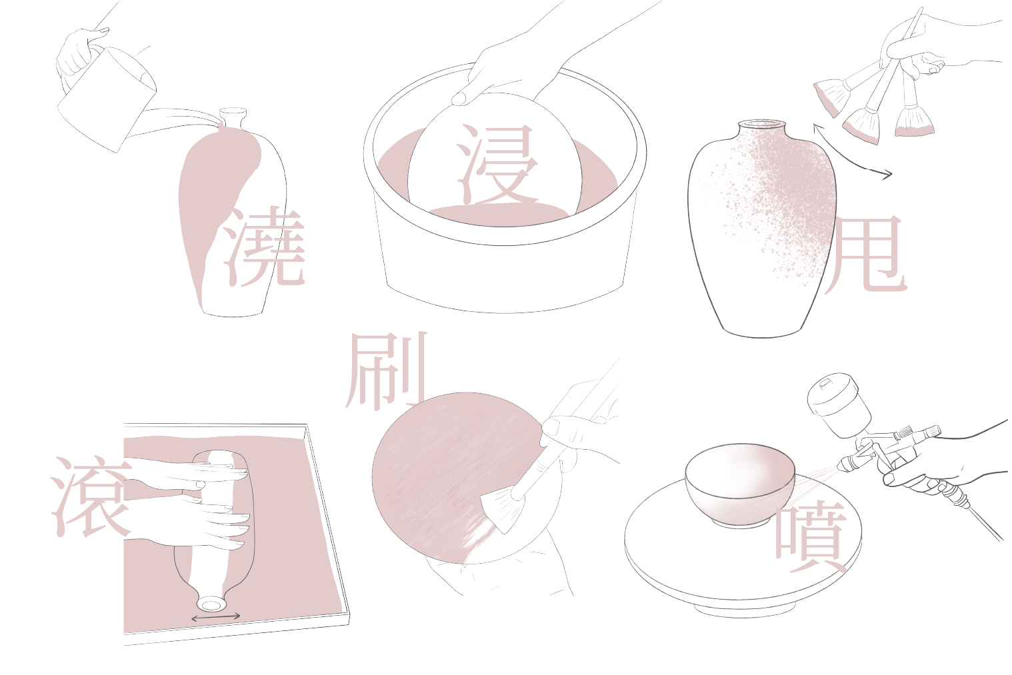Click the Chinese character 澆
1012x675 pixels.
coord(265,247)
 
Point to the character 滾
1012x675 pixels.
coord(91,497)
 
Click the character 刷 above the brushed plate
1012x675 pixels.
coord(387,371)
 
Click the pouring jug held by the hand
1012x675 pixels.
coord(107,99)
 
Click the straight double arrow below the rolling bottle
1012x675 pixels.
coord(215,617)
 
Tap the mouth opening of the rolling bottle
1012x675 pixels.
coord(210,604)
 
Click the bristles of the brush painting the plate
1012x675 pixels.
coord(501,510)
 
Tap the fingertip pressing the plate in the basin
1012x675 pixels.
coord(460,99)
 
